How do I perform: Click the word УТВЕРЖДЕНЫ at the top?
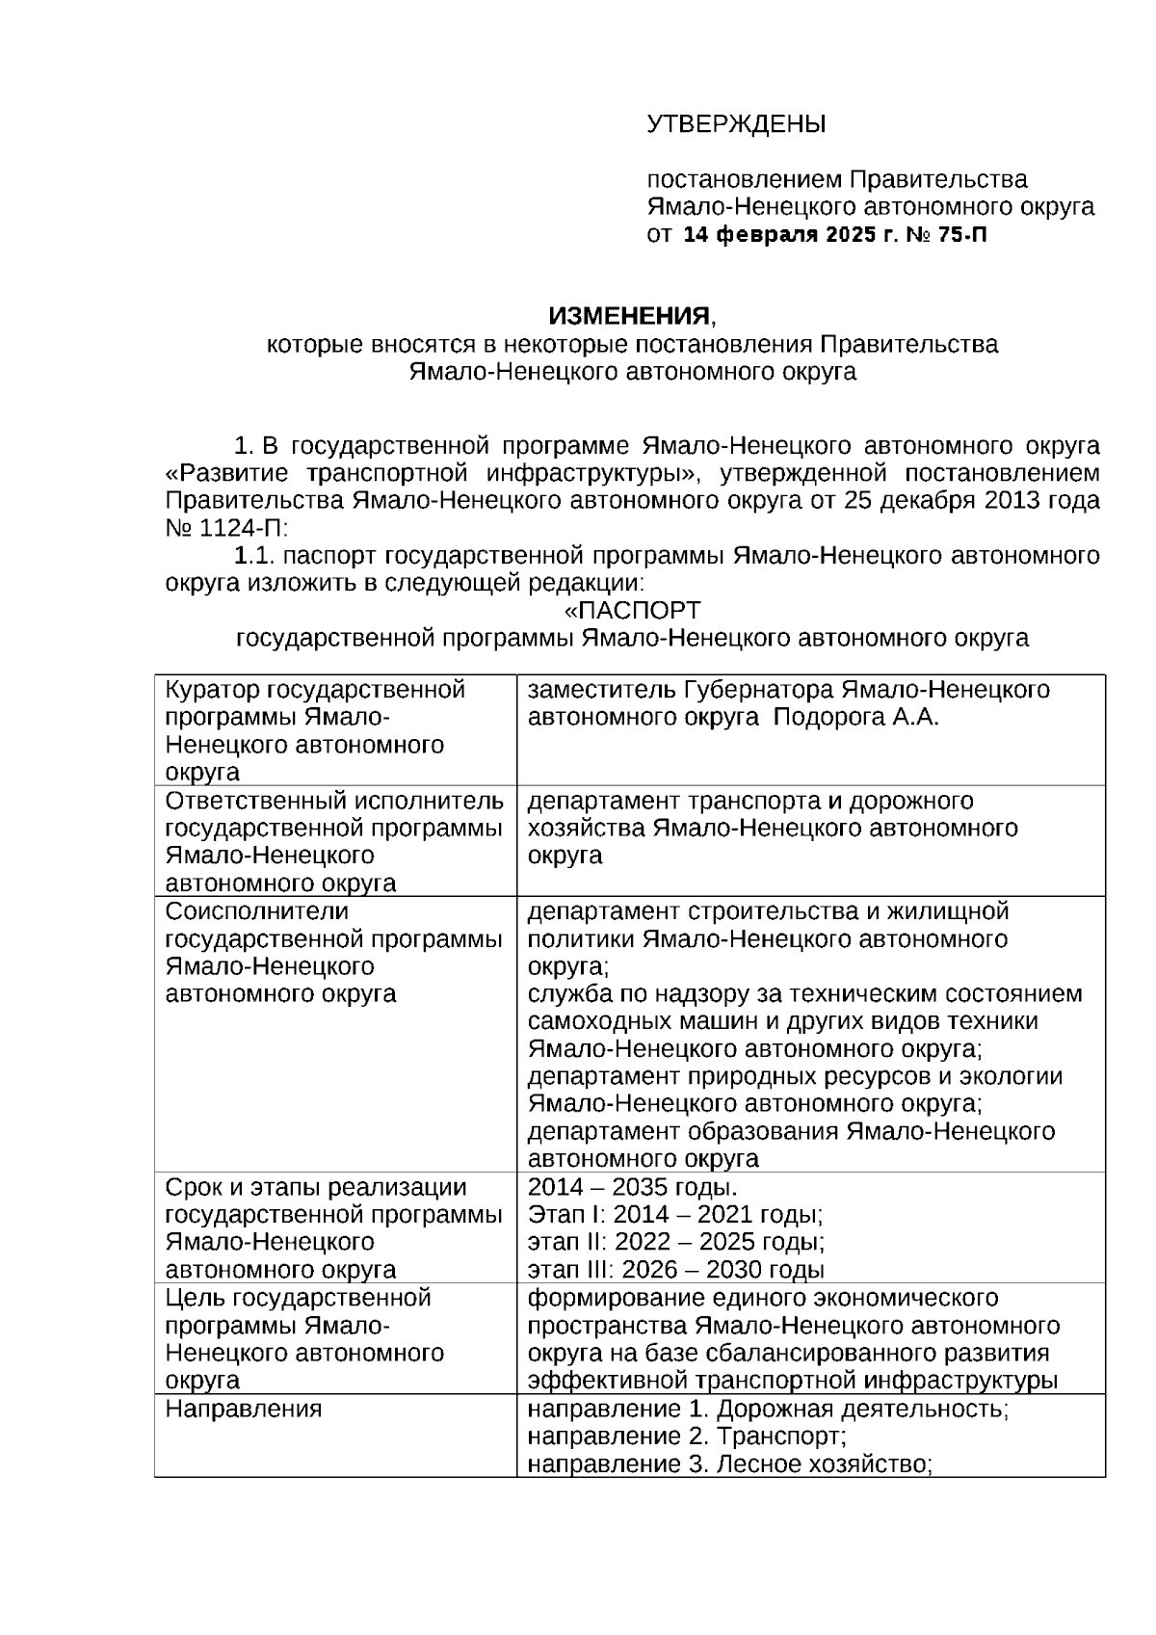(736, 124)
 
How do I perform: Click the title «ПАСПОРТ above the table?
(632, 611)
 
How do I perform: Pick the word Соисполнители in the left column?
(257, 911)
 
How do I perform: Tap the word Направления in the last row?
(244, 1410)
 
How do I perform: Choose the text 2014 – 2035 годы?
(633, 1187)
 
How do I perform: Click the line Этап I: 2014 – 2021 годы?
(675, 1215)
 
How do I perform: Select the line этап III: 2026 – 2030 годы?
(675, 1270)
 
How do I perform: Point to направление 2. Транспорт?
(687, 1437)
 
